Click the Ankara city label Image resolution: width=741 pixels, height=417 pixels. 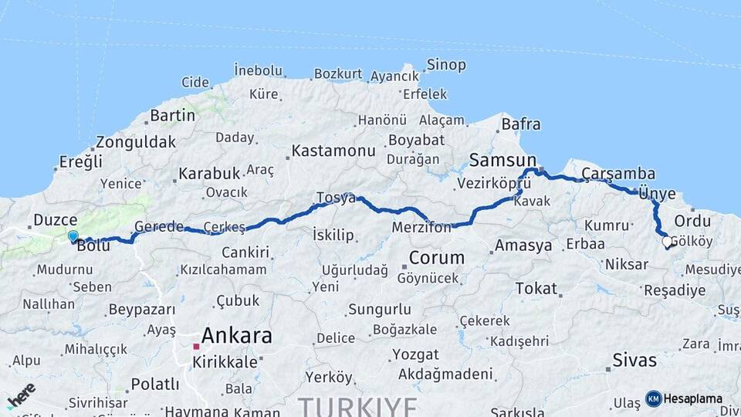click(236, 336)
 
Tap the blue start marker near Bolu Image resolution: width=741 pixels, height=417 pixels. click(73, 236)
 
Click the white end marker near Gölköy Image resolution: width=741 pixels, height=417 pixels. click(667, 242)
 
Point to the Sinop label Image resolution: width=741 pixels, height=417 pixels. click(446, 65)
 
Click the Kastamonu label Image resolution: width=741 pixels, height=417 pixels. click(333, 151)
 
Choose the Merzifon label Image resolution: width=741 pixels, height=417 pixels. click(421, 228)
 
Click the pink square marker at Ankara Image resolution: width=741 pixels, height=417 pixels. click(196, 347)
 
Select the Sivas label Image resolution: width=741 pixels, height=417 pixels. click(634, 360)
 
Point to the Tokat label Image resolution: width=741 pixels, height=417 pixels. click(536, 289)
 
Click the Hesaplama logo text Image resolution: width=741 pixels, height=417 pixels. click(693, 398)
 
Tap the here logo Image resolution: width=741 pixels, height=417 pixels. click(21, 395)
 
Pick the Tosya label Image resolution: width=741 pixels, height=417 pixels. click(336, 198)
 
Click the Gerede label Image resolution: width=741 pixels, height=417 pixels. click(159, 226)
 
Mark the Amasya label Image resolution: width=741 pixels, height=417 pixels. click(523, 246)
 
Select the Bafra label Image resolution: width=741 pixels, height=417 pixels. click(521, 124)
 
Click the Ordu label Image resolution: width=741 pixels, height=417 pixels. click(692, 220)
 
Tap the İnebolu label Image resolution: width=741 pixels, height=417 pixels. click(257, 70)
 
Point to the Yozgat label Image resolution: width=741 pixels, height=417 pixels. click(415, 355)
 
